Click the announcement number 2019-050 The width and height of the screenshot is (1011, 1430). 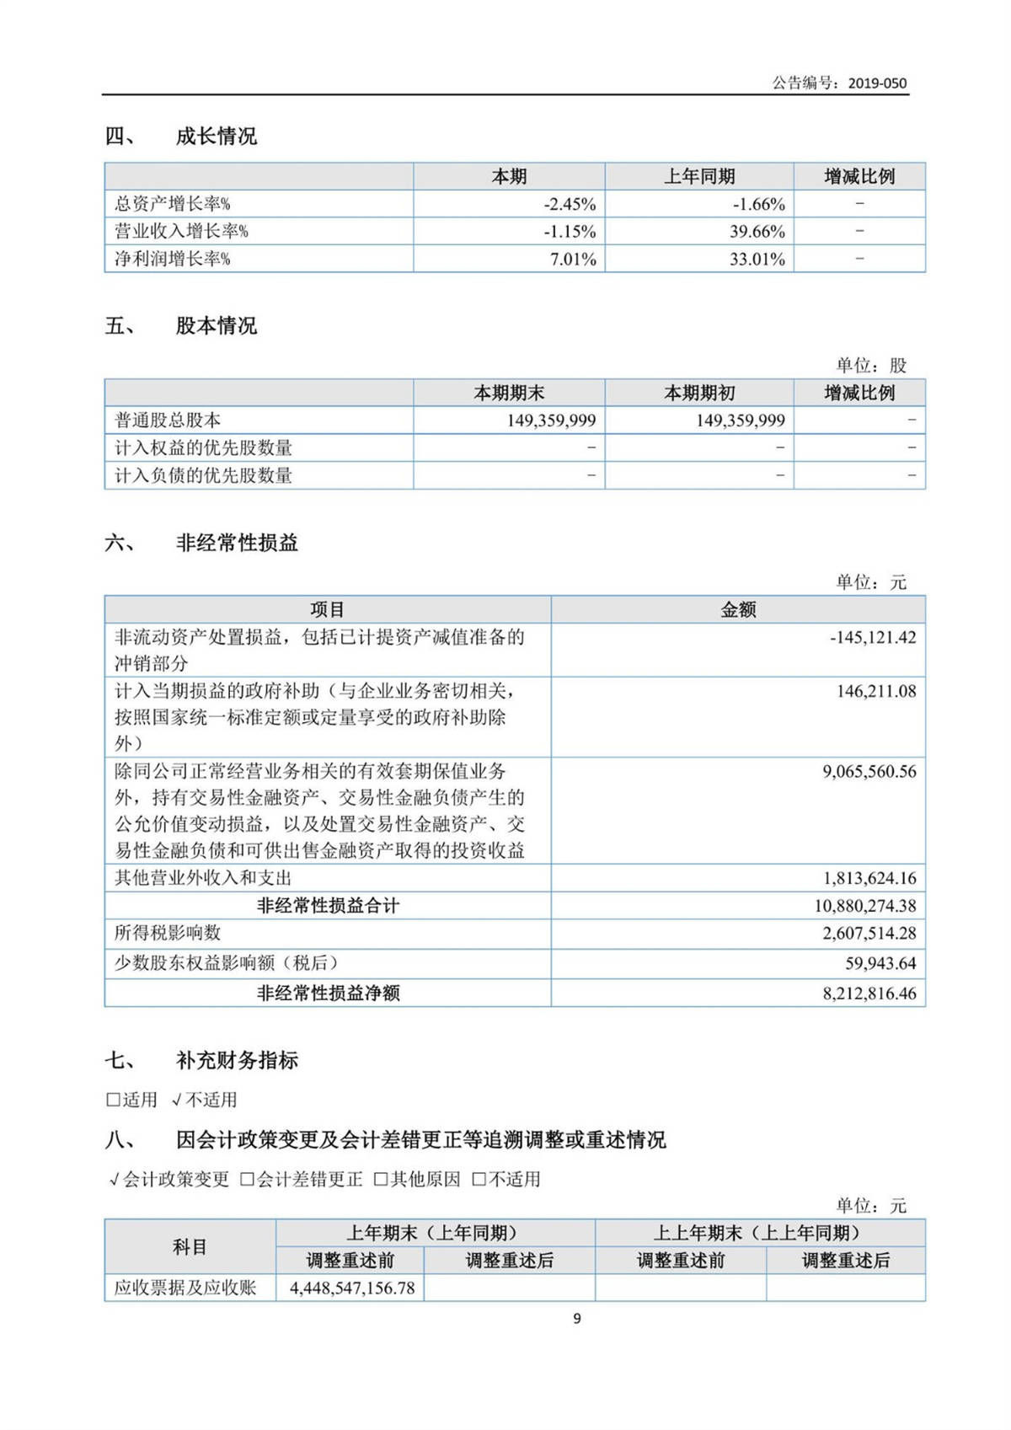(x=877, y=83)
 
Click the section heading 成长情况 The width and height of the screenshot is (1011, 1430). (x=216, y=137)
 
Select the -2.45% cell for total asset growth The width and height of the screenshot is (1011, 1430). (x=570, y=204)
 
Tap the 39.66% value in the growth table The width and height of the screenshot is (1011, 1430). (x=757, y=232)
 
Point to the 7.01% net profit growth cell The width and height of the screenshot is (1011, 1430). (x=573, y=260)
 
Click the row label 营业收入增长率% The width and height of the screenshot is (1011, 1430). (x=181, y=232)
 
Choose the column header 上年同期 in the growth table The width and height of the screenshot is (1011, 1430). (x=699, y=177)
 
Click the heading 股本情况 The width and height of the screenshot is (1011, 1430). (x=216, y=326)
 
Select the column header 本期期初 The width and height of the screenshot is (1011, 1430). (x=699, y=394)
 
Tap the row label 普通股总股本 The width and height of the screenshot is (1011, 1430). (x=168, y=420)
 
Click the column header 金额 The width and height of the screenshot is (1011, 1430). (x=738, y=610)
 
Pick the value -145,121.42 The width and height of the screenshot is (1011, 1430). (x=873, y=638)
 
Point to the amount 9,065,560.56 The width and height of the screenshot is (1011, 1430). (x=869, y=772)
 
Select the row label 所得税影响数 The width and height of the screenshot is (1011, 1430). (x=168, y=933)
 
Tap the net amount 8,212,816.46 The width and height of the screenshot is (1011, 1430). (x=869, y=994)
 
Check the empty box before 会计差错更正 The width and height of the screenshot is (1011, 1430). (x=247, y=1180)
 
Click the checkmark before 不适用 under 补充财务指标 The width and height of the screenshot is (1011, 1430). (x=176, y=1101)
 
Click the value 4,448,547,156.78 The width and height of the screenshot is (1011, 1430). (x=352, y=1288)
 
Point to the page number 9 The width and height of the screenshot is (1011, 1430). (x=577, y=1319)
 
